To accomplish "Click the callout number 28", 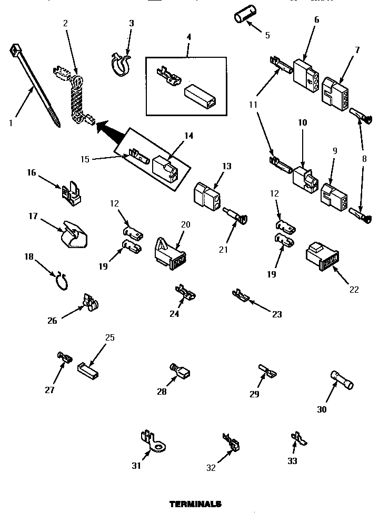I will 161,392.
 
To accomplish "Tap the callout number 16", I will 32,172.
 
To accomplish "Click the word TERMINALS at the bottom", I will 195,503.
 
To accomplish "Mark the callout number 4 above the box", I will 188,37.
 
